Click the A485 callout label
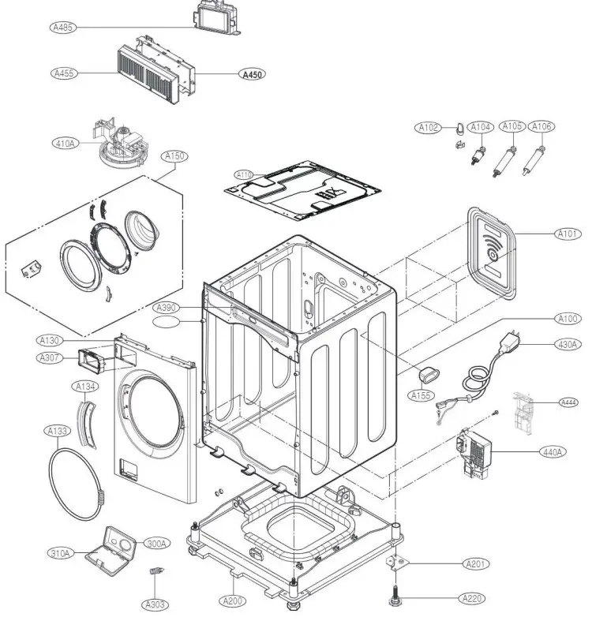[62, 28]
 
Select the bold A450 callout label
[252, 74]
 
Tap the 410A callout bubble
[64, 144]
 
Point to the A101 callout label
[566, 234]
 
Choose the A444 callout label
[568, 403]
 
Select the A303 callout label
[155, 604]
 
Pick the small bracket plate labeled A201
[399, 563]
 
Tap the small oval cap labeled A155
[425, 372]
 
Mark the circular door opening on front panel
[155, 409]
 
